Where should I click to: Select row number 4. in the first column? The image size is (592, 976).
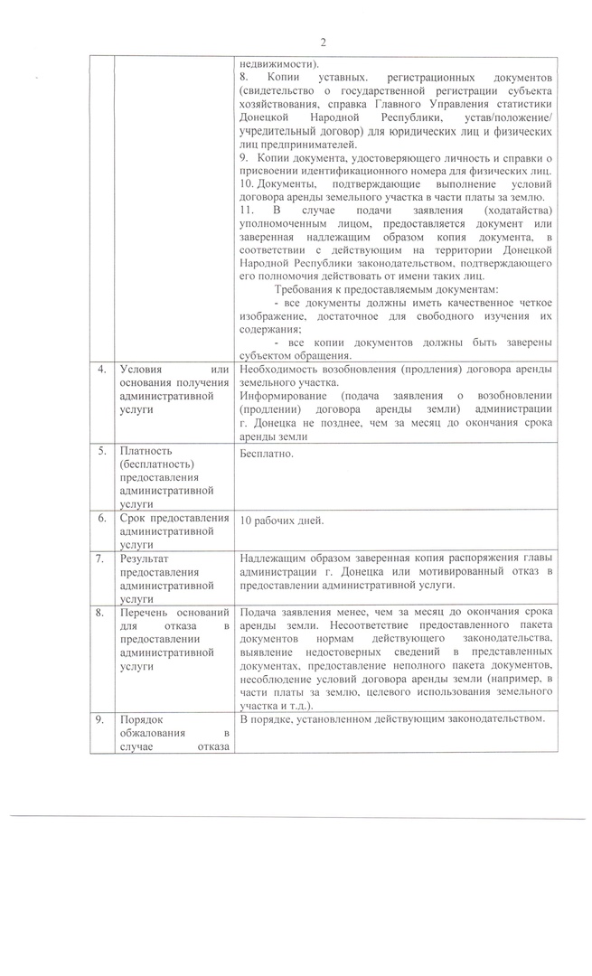point(102,370)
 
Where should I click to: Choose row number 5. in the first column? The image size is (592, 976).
point(102,450)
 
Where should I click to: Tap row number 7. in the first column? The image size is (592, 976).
point(102,559)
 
